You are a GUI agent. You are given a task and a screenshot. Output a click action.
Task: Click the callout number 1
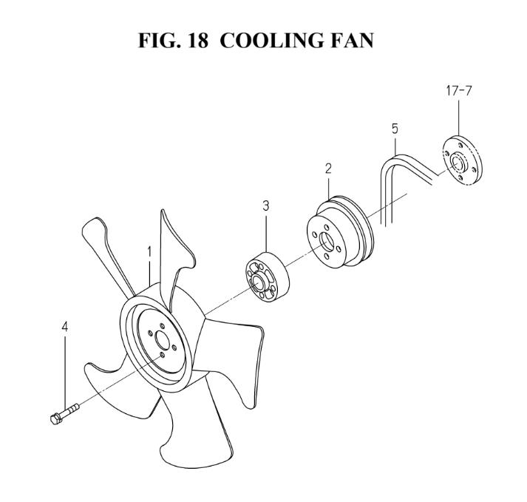(x=149, y=252)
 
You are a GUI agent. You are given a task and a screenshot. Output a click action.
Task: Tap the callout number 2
(x=328, y=169)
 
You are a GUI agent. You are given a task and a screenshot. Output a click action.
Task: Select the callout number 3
(x=266, y=206)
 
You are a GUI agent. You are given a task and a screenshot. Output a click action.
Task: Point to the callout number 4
(x=64, y=327)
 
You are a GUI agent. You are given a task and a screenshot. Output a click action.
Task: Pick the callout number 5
(x=395, y=129)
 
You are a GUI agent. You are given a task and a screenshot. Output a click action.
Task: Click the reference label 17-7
(x=459, y=91)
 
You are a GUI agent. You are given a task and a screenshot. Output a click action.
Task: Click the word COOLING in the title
(x=271, y=41)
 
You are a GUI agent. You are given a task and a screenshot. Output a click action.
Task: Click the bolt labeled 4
(x=64, y=413)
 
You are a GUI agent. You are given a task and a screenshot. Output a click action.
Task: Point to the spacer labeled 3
(x=268, y=277)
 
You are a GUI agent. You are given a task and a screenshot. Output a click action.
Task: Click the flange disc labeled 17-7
(x=463, y=160)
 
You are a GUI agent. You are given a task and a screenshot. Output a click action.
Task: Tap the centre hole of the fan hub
(x=163, y=342)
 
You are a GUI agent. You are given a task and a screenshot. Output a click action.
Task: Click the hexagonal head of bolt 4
(x=55, y=419)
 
